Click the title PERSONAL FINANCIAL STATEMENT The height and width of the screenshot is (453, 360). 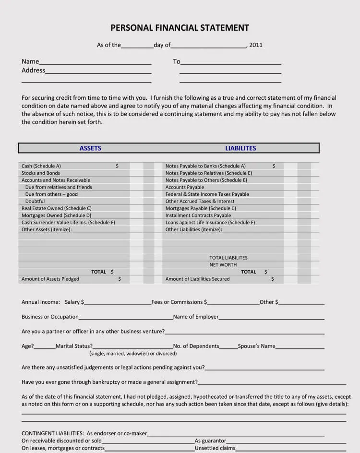[x=180, y=28]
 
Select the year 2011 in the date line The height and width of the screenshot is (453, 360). [x=256, y=45]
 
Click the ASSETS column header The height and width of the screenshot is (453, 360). [x=90, y=148]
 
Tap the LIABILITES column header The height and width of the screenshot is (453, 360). [x=240, y=148]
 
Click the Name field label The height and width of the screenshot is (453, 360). [x=30, y=61]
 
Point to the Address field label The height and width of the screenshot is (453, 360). [x=33, y=70]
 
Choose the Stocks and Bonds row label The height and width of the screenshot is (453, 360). [x=41, y=173]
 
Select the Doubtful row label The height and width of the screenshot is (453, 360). [x=35, y=201]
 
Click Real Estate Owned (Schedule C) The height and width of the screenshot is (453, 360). [x=56, y=208]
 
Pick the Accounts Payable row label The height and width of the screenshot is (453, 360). [x=185, y=187]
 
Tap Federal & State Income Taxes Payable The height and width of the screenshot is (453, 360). [x=207, y=194]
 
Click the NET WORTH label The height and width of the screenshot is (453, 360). [x=223, y=265]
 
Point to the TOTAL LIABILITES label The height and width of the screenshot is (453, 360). [x=228, y=258]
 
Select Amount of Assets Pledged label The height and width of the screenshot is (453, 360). [x=50, y=279]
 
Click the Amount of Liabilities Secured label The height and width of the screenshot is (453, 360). [x=197, y=279]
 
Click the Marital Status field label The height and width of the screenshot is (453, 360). [x=74, y=346]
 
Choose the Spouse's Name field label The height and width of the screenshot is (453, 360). [x=257, y=346]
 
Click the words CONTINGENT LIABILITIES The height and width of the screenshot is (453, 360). [x=53, y=433]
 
